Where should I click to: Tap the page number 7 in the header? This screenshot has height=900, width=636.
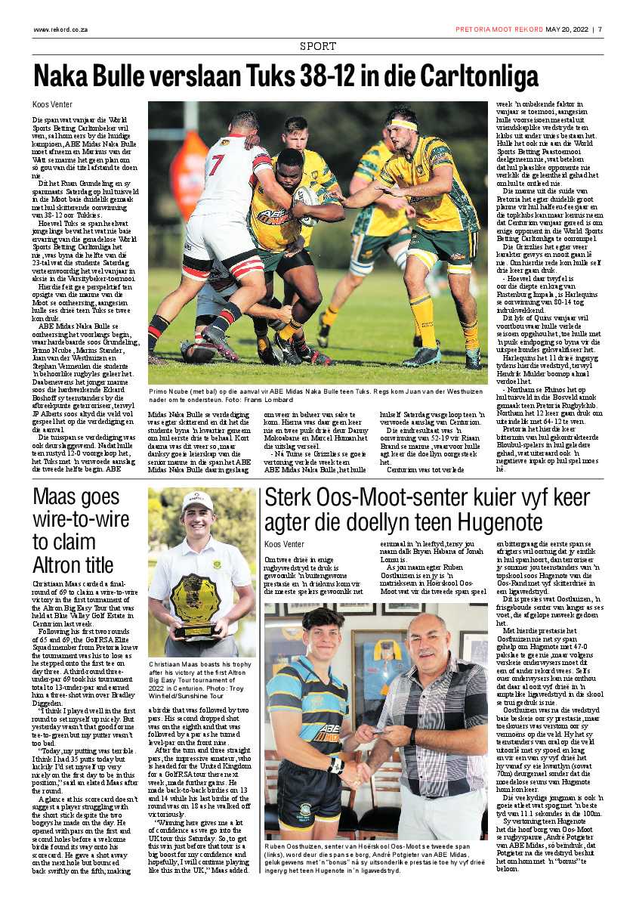600,29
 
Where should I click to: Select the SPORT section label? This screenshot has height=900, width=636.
318,46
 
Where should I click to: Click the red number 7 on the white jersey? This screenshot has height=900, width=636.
217,165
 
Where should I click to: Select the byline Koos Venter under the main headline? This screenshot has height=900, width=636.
52,104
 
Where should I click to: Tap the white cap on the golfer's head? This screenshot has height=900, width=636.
196,502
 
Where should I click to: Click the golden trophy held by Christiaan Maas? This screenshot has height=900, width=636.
195,601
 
